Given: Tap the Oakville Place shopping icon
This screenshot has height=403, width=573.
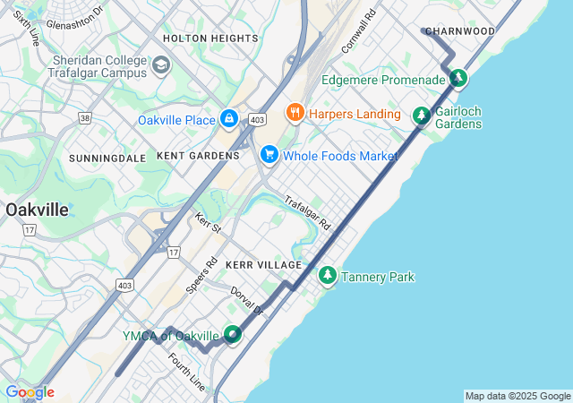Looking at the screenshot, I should (229, 119).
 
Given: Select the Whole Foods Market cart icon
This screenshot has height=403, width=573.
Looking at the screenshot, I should (269, 155).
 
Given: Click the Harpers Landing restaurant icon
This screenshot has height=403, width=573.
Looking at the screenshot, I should (293, 113).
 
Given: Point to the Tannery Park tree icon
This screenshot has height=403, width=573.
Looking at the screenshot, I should (328, 276).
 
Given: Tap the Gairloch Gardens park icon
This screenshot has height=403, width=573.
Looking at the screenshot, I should (421, 116).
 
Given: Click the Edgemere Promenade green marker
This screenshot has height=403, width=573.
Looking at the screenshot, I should (458, 79).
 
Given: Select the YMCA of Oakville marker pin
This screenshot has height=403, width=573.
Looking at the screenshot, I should (233, 335).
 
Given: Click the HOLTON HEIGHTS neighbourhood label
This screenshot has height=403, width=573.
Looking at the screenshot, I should (210, 39).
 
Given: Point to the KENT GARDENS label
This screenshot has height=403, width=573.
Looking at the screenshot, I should (198, 156).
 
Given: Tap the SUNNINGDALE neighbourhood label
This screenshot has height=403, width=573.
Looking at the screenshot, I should (107, 158).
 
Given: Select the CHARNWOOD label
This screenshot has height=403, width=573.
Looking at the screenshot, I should (461, 31).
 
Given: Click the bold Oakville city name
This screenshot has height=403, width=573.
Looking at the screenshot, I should (37, 210).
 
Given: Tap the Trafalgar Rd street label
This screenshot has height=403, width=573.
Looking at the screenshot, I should (308, 213).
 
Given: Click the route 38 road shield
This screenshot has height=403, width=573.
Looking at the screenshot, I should (84, 117).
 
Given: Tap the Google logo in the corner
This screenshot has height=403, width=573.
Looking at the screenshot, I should (29, 392).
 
